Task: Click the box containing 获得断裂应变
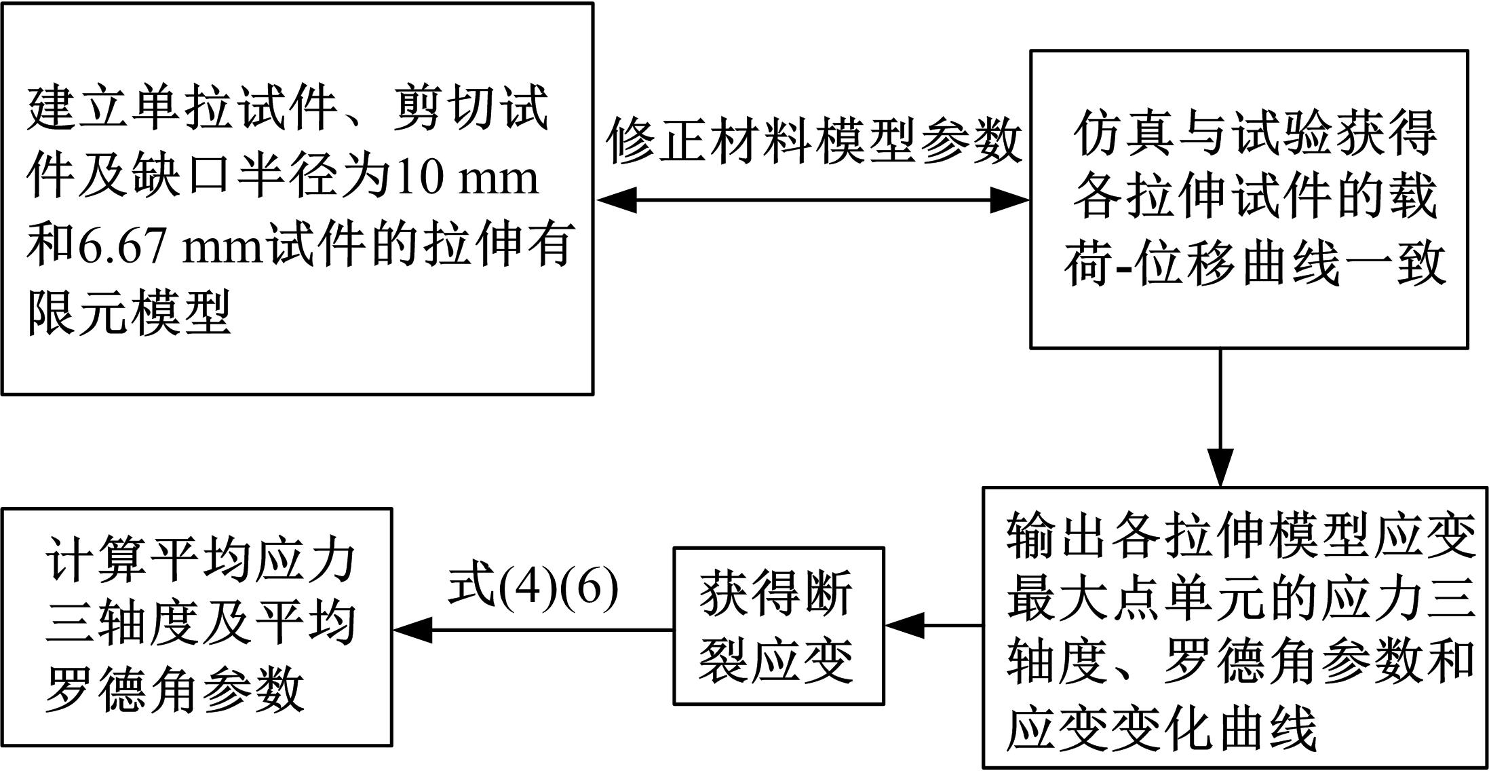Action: [778, 626]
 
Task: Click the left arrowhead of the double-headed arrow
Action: [616, 200]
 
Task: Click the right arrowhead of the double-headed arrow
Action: [1010, 200]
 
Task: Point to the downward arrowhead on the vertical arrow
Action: [1220, 466]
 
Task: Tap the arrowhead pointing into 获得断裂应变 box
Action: [904, 625]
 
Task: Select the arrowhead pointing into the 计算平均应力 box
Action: [412, 630]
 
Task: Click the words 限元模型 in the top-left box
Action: [129, 313]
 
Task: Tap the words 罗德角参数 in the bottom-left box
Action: [175, 688]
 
